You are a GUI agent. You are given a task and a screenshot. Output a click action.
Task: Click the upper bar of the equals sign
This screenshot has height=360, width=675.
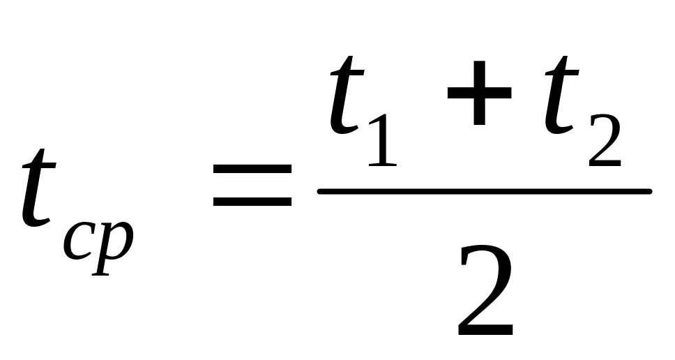pos(252,169)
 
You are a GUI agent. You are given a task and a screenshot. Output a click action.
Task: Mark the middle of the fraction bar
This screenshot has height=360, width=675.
pos(484,190)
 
